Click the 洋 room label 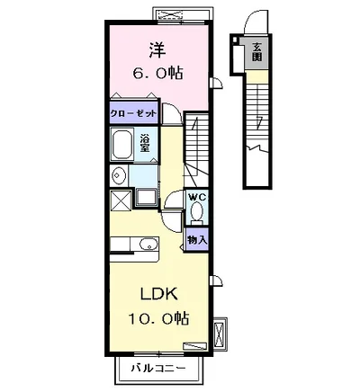tap(157, 50)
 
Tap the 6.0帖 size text tap(157, 73)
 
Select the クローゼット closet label tap(133, 113)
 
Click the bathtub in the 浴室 tap(122, 145)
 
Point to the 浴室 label tap(145, 144)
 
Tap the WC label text tap(197, 197)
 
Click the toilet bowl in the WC tap(197, 211)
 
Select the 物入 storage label tap(197, 239)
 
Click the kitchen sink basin tap(148, 244)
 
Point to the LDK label tap(159, 294)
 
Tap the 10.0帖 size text tap(159, 318)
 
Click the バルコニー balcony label tap(158, 368)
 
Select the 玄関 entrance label tap(256, 52)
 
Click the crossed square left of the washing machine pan tap(121, 200)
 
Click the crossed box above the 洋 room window tap(170, 14)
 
